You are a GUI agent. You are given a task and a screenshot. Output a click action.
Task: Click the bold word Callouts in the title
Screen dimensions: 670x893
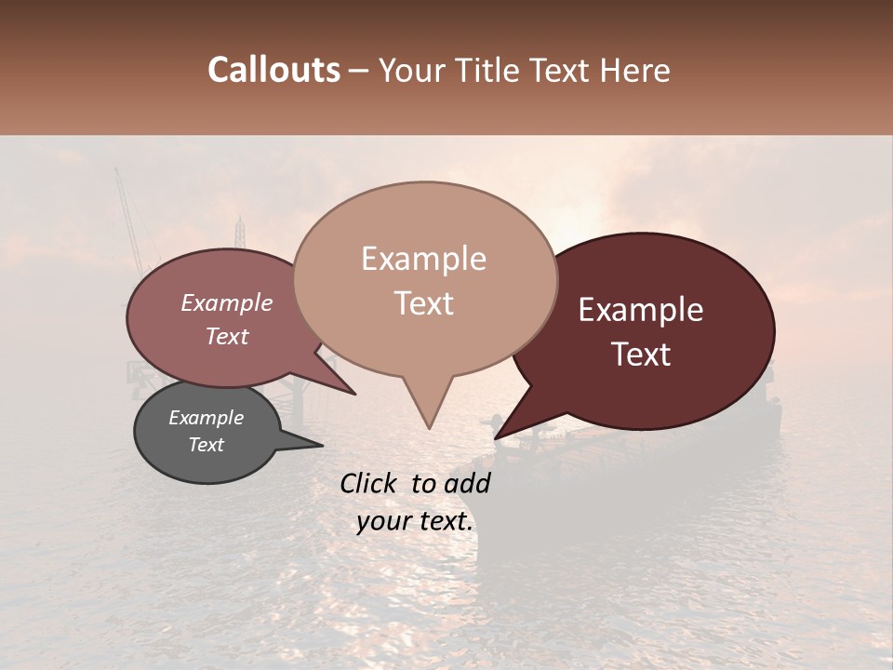coord(273,70)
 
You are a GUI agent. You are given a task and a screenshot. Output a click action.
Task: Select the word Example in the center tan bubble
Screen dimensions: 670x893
coord(423,259)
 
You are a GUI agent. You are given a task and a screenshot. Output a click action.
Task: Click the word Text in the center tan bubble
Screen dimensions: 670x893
coord(423,303)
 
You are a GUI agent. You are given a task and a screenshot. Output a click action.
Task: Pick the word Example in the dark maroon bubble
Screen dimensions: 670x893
coord(641,310)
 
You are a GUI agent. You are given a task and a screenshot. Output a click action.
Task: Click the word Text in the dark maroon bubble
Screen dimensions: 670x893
coord(641,355)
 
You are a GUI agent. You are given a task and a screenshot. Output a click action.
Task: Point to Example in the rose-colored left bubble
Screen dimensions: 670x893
coord(227,302)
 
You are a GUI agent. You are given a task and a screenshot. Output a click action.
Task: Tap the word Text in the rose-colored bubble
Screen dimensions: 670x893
coord(227,336)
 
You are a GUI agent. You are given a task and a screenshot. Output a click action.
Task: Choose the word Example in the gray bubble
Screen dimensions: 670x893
coord(206,418)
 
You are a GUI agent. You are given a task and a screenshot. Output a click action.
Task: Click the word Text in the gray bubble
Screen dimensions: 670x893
coord(206,445)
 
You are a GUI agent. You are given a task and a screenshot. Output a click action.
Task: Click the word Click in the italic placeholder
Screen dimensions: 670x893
coord(371,483)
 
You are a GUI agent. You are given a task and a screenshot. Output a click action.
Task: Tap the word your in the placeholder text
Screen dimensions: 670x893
coord(382,522)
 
